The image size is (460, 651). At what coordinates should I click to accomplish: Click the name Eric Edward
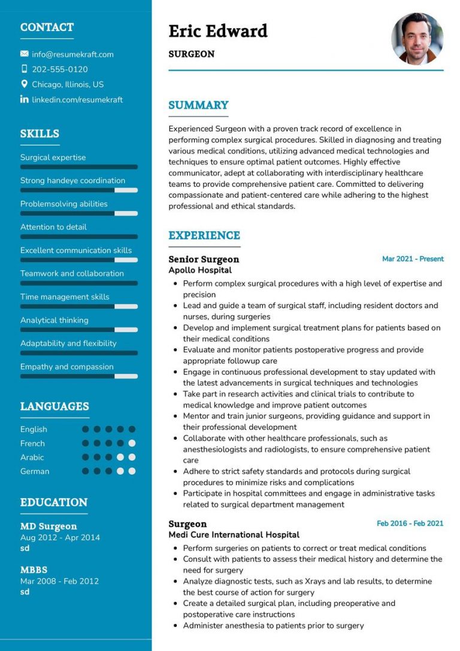tap(218, 31)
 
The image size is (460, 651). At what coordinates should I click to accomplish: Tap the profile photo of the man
tap(417, 39)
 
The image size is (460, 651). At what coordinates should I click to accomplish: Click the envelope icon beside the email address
tap(24, 54)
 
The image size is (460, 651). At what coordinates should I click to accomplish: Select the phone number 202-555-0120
tap(59, 69)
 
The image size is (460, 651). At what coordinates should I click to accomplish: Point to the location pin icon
tap(24, 84)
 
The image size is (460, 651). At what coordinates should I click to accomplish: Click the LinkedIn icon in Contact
tap(24, 99)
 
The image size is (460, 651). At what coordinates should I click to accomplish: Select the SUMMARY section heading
tap(198, 105)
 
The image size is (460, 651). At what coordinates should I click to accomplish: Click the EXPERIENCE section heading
tap(204, 235)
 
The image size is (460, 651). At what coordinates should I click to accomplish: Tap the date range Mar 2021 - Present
tap(413, 259)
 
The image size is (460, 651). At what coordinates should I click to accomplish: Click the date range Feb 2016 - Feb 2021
tap(410, 523)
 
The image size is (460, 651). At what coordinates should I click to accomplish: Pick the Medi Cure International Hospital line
tap(234, 534)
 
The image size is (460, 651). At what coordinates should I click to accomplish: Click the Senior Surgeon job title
tap(204, 259)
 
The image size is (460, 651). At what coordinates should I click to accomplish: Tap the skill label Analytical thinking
tap(54, 320)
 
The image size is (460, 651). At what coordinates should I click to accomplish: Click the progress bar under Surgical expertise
tap(78, 167)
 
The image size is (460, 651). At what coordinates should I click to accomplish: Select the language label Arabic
tap(32, 458)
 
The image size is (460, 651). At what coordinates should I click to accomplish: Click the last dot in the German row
tap(132, 471)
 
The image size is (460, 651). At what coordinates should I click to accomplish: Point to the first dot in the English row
tap(86, 429)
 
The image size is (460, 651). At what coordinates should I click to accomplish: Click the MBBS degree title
tap(34, 570)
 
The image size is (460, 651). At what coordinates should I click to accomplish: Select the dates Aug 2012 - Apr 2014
tap(60, 537)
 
